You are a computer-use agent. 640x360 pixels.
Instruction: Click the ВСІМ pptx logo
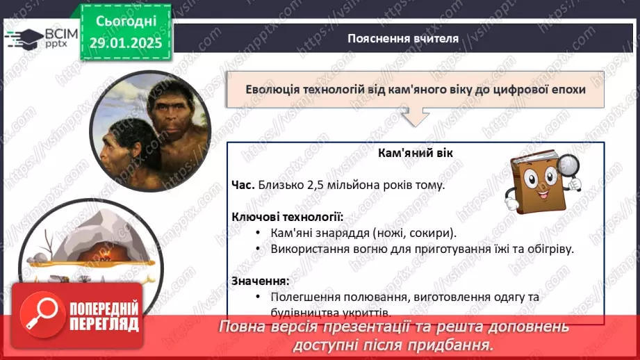click(x=35, y=37)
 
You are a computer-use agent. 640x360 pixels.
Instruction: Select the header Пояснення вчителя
click(x=403, y=38)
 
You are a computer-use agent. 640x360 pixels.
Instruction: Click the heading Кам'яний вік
click(x=416, y=152)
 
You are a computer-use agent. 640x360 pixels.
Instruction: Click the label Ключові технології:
click(x=287, y=217)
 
